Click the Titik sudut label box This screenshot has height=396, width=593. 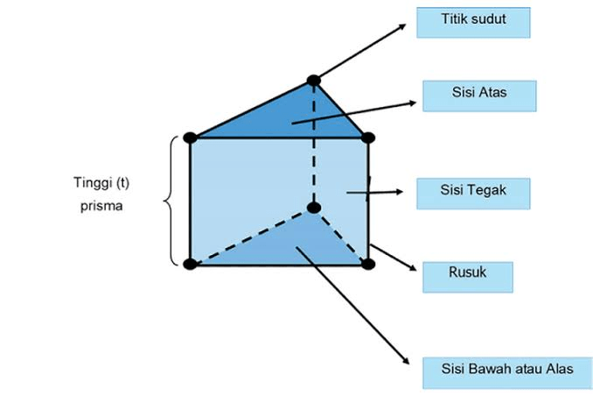(461, 22)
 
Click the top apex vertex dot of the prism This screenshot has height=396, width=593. (314, 81)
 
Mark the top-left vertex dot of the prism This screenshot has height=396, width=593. (189, 138)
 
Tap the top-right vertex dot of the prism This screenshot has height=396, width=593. (368, 138)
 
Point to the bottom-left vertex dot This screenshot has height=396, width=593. (189, 263)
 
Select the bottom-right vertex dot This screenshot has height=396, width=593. (368, 263)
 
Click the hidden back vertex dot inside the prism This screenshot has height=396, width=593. (314, 208)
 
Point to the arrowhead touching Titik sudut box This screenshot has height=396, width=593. (404, 24)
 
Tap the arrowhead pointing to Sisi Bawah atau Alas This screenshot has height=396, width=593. (405, 361)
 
